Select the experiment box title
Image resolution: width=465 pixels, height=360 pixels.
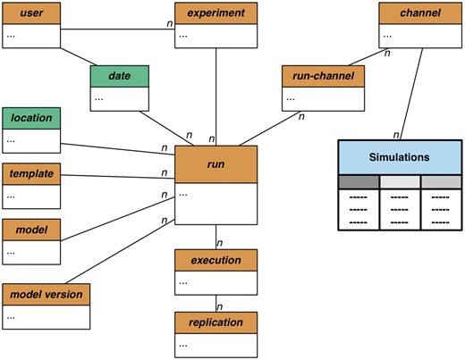[216, 13]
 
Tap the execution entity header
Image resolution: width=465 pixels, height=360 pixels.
[216, 260]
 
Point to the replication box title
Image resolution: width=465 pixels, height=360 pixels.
[216, 322]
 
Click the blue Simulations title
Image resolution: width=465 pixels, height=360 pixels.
[399, 156]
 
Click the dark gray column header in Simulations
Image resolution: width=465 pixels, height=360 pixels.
[359, 182]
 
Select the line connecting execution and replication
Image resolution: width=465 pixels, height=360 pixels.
[216, 301]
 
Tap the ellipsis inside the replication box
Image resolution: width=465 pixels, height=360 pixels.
[184, 344]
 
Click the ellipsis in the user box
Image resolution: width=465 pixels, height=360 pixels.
[13, 36]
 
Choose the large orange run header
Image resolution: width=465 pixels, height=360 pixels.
[216, 164]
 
